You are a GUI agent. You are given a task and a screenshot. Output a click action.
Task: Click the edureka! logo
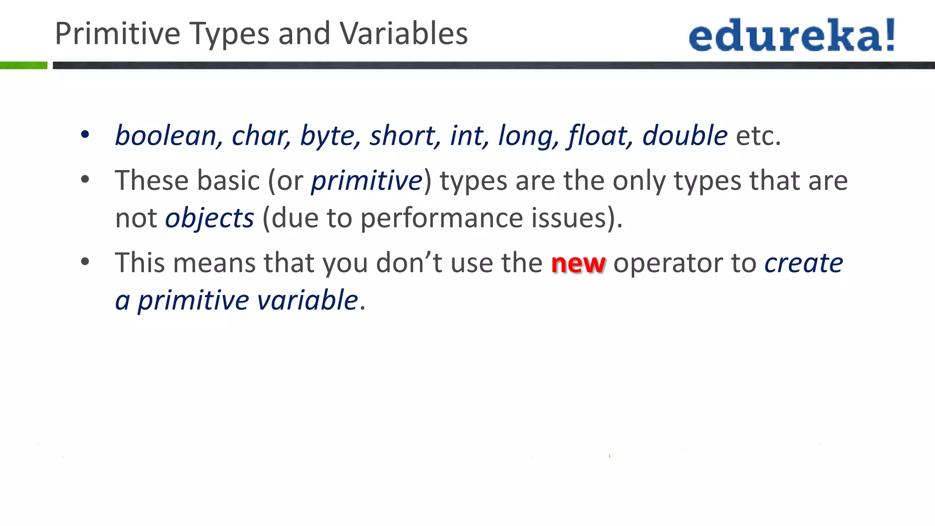(792, 35)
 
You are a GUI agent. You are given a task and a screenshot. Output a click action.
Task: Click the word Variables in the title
(404, 34)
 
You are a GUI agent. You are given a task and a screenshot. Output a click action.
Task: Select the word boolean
(165, 136)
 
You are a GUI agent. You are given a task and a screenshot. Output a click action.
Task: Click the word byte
(327, 137)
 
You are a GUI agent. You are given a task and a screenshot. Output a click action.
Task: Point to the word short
(402, 136)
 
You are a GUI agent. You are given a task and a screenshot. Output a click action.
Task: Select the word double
(685, 136)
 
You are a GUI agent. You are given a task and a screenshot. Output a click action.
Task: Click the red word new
(578, 263)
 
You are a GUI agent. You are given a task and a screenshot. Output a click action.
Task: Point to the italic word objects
(210, 218)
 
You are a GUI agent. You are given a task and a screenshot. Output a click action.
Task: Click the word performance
(441, 218)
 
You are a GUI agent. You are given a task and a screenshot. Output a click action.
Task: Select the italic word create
(804, 263)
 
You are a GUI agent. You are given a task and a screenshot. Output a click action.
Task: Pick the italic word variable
(307, 300)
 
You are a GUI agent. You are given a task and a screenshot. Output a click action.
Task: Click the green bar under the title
(24, 65)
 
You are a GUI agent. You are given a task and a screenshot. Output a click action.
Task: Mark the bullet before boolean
(85, 135)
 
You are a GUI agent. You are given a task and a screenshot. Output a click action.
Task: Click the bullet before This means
(85, 262)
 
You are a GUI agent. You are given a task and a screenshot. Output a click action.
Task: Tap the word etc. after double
(758, 136)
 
